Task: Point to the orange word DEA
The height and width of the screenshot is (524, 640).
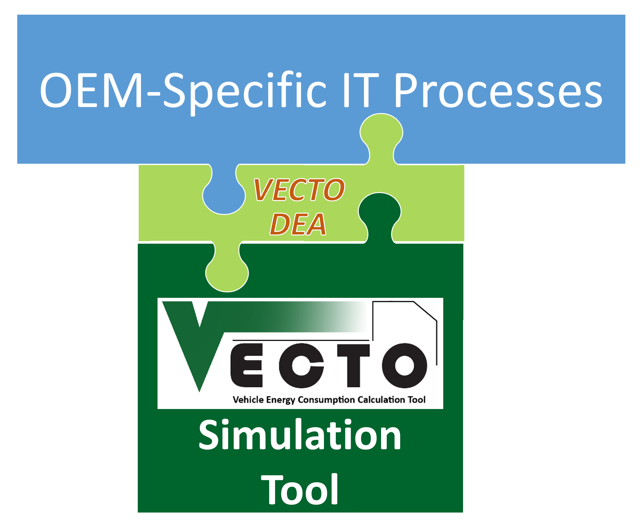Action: point(298,224)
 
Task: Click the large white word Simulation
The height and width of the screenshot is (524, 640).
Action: point(300,435)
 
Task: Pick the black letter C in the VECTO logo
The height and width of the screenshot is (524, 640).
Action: point(301,365)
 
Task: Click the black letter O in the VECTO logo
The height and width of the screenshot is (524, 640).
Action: point(404,365)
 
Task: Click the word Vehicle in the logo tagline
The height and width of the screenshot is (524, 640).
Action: point(248,400)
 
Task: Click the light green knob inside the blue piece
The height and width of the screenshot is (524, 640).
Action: point(381,137)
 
